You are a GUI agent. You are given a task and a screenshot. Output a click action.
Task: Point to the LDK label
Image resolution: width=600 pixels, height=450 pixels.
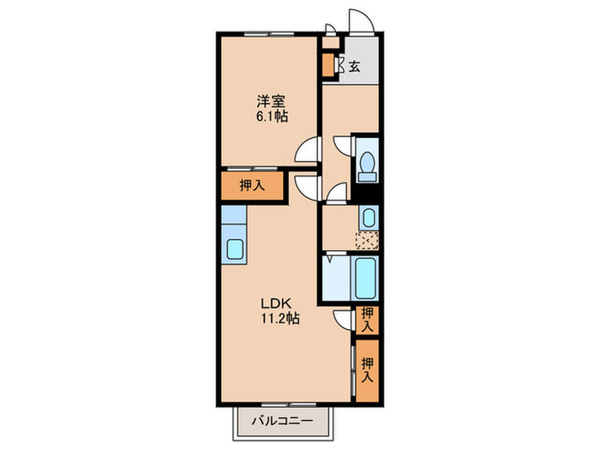[x=279, y=303]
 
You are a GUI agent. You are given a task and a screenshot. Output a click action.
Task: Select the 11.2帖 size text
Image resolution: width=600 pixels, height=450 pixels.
[x=279, y=319]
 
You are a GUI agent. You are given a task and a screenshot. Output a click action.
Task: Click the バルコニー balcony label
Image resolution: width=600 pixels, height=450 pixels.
[x=281, y=421]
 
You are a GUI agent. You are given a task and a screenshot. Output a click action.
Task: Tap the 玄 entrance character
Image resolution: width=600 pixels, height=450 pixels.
[x=353, y=66]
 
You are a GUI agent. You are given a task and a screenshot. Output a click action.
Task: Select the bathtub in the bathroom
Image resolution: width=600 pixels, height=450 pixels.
[x=366, y=276]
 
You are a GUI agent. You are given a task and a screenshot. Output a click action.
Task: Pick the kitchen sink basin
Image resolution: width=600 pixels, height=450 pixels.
[x=234, y=251]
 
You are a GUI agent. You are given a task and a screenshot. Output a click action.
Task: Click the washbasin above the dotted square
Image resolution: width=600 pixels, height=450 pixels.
[x=368, y=215]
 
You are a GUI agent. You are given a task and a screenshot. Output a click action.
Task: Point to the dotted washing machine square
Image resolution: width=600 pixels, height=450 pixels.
[x=367, y=240]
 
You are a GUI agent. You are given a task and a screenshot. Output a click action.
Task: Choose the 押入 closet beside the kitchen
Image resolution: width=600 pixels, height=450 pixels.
[x=250, y=186]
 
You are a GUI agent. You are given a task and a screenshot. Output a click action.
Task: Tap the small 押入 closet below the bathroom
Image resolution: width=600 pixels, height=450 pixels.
[x=367, y=320]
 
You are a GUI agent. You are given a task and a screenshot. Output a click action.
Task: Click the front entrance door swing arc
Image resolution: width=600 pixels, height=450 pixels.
[x=359, y=22]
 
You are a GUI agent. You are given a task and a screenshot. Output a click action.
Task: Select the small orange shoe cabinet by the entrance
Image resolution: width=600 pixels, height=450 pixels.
[x=327, y=64]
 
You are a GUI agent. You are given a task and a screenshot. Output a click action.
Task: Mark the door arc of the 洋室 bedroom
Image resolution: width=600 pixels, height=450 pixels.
[x=307, y=152]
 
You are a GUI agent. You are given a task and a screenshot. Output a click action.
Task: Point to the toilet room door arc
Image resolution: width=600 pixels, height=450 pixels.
[x=341, y=146]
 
